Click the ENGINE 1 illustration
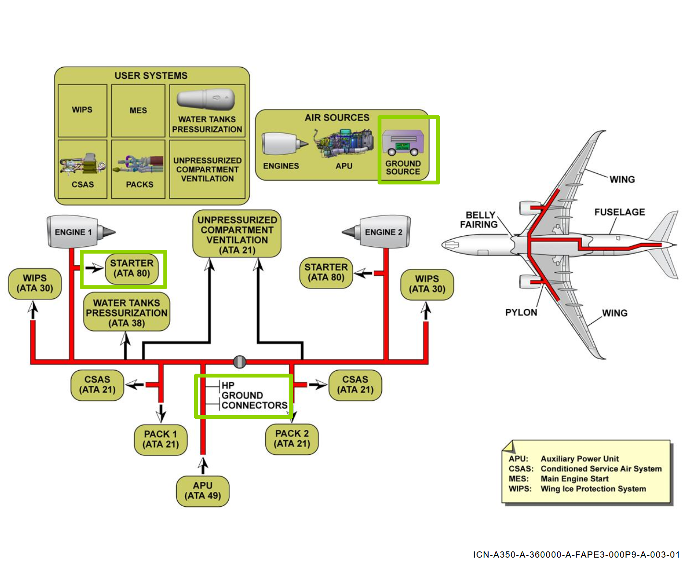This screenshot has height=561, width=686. tap(77, 232)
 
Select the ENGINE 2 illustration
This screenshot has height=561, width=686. tap(380, 232)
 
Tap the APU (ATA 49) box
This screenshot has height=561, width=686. tap(203, 490)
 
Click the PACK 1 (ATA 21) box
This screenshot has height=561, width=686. tap(160, 439)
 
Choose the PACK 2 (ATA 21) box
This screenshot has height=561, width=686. tap(292, 439)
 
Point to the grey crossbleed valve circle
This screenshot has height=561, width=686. tap(239, 361)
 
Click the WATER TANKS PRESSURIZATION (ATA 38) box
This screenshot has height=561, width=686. tap(126, 313)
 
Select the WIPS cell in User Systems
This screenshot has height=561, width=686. tap(82, 110)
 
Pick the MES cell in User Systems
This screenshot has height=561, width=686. tap(138, 110)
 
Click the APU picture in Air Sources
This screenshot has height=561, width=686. tap(344, 142)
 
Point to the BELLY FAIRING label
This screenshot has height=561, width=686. tap(478, 220)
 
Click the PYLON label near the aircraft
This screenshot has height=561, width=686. tap(521, 312)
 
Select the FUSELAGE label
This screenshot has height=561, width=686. tap(619, 212)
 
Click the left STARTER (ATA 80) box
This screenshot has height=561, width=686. tap(132, 268)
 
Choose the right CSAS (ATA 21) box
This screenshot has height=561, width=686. tap(355, 385)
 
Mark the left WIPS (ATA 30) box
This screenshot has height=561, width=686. tap(35, 283)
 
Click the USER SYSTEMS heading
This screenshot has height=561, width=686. tap(151, 75)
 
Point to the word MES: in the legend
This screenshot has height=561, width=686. tap(518, 479)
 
